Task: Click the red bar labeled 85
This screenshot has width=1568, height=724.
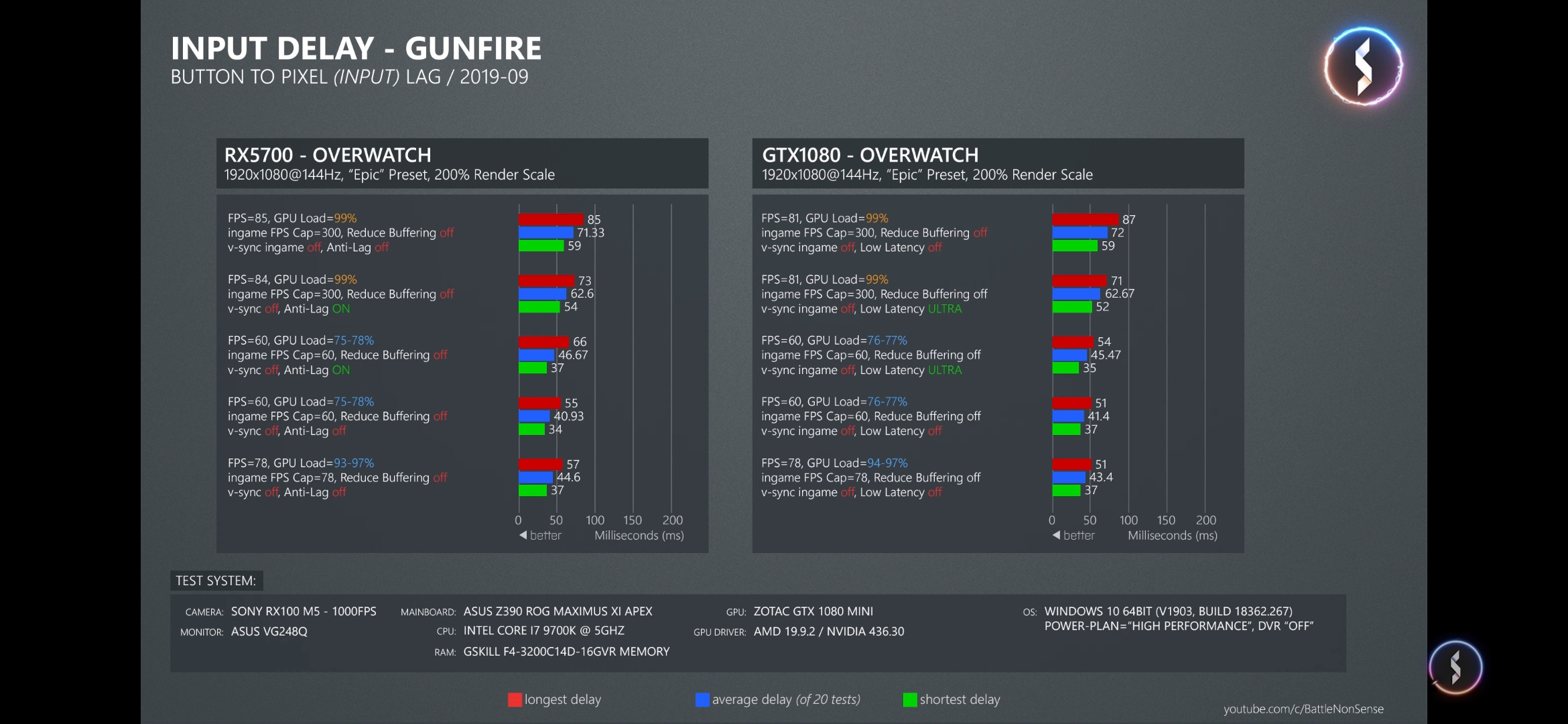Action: [x=551, y=219]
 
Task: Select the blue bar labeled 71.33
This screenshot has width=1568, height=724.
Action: [x=545, y=233]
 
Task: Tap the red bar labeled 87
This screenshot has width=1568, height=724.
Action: [x=1085, y=219]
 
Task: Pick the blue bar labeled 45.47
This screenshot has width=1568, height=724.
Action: [x=1069, y=355]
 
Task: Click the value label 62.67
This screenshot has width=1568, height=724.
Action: [x=1119, y=294]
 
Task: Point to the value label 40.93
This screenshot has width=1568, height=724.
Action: [x=568, y=416]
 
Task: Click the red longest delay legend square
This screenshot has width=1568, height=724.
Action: [x=515, y=700]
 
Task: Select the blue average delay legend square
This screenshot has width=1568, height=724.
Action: [x=702, y=700]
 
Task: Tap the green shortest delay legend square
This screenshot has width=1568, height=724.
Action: [x=910, y=700]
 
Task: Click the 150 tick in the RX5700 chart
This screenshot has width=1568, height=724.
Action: [x=633, y=520]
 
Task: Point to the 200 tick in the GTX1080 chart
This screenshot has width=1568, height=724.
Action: [x=1205, y=520]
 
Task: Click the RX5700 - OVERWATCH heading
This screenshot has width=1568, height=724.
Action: [x=328, y=156]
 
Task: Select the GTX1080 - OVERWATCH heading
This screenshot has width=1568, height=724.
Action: [x=870, y=156]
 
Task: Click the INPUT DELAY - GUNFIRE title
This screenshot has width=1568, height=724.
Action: [x=356, y=49]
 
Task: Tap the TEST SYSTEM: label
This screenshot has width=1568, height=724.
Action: [x=216, y=581]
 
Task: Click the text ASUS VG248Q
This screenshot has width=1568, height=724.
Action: [x=269, y=631]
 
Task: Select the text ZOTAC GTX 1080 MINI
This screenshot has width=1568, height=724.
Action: [x=813, y=611]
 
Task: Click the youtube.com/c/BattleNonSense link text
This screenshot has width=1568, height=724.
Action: [x=1303, y=709]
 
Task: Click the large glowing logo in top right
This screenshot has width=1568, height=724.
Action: [x=1363, y=66]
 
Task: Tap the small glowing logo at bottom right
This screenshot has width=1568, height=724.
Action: [x=1455, y=668]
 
